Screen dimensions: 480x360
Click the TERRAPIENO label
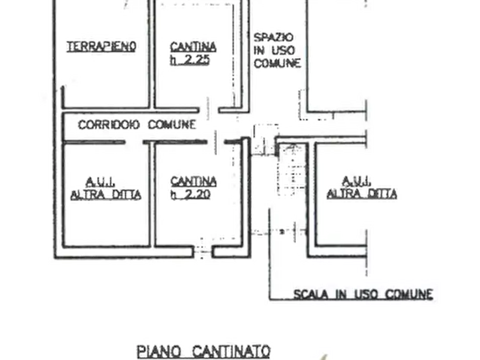point(102,47)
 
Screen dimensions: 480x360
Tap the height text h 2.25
point(190,60)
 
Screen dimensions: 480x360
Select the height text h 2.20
point(190,195)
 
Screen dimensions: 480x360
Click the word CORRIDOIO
point(109,125)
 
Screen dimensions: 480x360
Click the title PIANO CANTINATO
point(204,351)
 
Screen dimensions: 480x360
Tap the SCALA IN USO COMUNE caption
point(363,294)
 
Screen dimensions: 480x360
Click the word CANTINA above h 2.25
point(193,47)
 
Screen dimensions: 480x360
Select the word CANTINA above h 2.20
point(194,182)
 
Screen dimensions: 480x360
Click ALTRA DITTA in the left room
point(106,195)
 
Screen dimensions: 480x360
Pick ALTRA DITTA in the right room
point(362,193)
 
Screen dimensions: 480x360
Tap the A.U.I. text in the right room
point(356,181)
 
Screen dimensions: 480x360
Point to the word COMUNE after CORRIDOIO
point(172,125)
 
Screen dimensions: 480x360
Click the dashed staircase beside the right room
point(292,170)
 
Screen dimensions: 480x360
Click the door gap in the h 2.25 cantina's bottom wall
point(209,110)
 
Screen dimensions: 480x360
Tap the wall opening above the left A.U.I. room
point(134,142)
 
